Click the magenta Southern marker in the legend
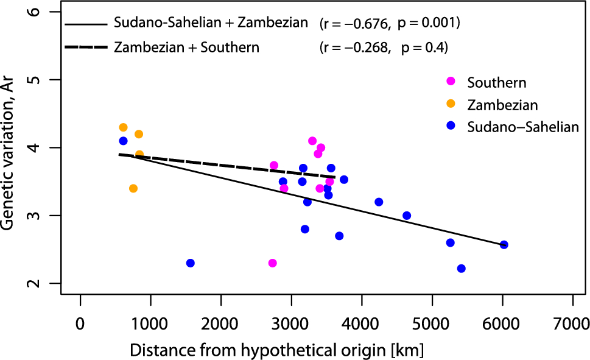451,82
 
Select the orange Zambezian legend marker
451,105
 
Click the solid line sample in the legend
86,24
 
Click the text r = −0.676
355,24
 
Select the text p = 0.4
424,48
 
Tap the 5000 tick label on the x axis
432,325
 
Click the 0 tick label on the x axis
80,325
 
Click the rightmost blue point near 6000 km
504,245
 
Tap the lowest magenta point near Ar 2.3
272,263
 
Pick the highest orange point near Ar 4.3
123,127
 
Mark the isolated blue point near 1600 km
190,263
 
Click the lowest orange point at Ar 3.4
133,188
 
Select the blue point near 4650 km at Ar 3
407,216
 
